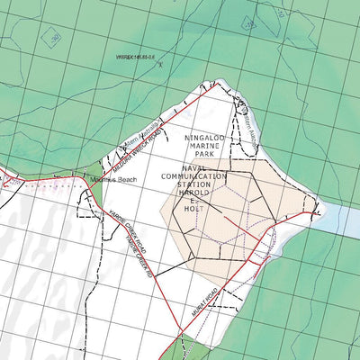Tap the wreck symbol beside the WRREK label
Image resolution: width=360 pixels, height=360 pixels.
click(x=161, y=65)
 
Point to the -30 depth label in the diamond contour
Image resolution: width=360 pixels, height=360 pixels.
click(x=55, y=38)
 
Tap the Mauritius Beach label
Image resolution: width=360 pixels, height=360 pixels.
click(x=113, y=180)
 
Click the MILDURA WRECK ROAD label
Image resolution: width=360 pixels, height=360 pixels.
click(x=133, y=154)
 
